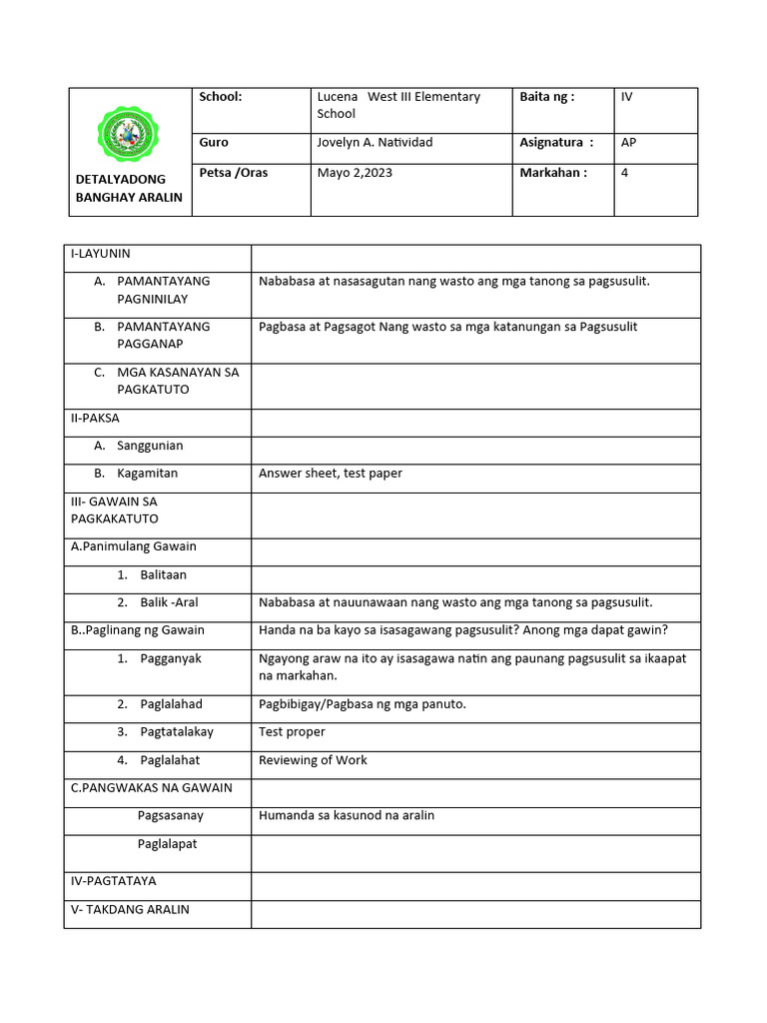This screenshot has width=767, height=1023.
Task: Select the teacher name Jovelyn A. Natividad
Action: coord(375,143)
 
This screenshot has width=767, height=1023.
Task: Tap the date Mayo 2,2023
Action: coord(355,173)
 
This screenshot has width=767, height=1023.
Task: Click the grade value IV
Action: coord(627,97)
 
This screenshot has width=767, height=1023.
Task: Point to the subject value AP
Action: coord(628,143)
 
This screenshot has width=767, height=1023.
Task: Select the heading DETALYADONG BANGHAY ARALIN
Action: coord(129,188)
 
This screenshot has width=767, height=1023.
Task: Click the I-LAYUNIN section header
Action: coord(101,255)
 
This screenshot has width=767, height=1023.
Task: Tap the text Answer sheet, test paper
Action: coord(331,474)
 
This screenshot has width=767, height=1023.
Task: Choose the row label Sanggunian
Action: coord(150,446)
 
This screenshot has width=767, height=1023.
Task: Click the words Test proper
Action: coord(292,732)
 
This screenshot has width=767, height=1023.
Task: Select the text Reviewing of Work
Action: coord(313,760)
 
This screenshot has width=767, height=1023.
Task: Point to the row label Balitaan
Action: coord(163,575)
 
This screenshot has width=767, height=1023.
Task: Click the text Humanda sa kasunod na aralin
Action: coord(347,815)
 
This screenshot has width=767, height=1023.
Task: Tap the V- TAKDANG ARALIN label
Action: coord(130,910)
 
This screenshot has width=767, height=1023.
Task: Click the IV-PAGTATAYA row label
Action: coord(114,882)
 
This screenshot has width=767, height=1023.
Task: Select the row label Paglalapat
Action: coord(168,844)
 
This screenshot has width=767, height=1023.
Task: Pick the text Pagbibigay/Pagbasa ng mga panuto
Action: coord(363,704)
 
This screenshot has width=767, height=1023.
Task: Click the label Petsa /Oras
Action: coord(234,173)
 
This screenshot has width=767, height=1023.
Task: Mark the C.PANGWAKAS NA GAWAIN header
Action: coord(152,788)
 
